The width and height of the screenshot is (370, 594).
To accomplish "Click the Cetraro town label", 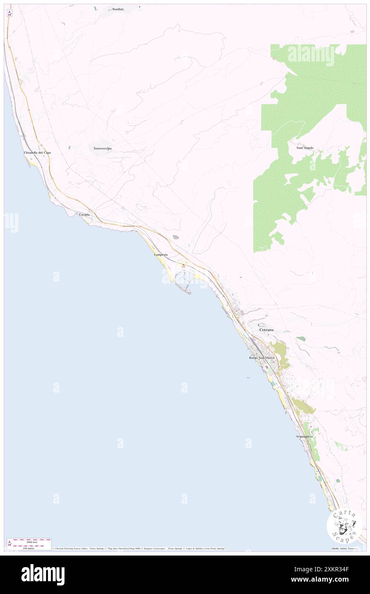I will tap(266, 330).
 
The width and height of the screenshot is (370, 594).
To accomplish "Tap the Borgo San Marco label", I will tap(262, 357).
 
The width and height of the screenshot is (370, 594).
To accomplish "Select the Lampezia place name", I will tap(161, 255).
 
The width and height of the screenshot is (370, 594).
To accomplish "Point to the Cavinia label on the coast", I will tap(85, 214).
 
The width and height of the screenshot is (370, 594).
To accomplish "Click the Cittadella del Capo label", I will tap(37, 153).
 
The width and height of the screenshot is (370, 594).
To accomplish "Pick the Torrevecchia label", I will tap(103, 148).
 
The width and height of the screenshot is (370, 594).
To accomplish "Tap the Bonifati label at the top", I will tap(117, 9).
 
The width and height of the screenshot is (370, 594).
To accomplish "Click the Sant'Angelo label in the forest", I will tap(305, 148).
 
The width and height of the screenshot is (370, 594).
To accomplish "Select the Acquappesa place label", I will tap(304, 436).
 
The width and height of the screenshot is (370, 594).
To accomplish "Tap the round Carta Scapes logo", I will tap(344, 526).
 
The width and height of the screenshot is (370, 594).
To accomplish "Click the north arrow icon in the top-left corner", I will tap(9, 13).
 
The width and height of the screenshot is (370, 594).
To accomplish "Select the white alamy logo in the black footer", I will tap(43, 575).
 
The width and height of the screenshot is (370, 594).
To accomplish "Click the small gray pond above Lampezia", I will tap(175, 237).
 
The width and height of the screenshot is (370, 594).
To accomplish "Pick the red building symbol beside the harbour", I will tap(184, 266).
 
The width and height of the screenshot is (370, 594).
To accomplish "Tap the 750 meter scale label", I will tap(29, 548).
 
